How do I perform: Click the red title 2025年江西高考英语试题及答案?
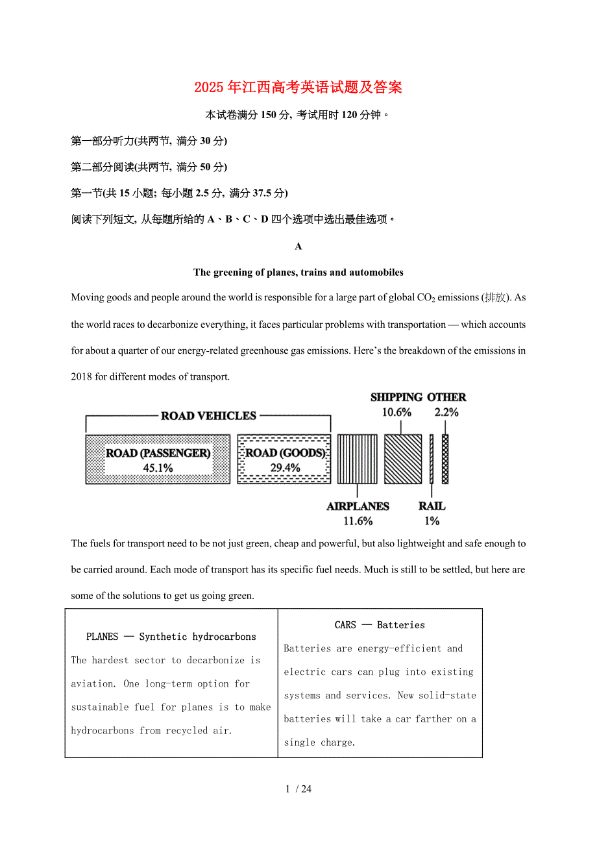coord(298,88)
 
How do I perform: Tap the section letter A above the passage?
coord(298,247)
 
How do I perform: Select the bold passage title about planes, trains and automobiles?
coord(298,273)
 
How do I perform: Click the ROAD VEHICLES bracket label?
coord(208,416)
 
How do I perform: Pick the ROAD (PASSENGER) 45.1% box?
coord(158,459)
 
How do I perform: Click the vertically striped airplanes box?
coord(357,459)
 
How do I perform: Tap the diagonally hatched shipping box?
coord(403,459)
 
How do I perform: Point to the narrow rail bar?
coord(432,459)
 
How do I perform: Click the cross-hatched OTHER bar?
coord(445,459)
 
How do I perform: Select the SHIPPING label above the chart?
coord(396,397)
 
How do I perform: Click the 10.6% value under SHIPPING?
coord(396,412)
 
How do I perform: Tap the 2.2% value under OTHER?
coord(446,412)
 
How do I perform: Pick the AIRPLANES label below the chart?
coord(358,506)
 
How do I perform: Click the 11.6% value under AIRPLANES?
coord(358,521)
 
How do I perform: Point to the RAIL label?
coord(432,506)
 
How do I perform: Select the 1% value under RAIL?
coord(432,521)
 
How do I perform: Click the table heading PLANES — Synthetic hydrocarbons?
coord(171,637)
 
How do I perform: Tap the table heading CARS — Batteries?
coord(380,625)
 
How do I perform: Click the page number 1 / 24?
coord(298,789)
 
